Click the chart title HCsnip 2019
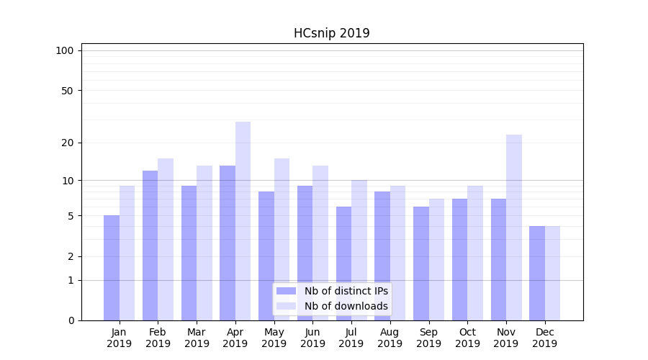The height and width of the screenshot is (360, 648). point(331,33)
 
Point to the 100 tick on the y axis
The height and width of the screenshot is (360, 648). point(65,50)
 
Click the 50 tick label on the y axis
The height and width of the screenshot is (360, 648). point(67,91)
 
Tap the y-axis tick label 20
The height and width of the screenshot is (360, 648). point(67,143)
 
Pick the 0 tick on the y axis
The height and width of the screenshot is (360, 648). point(70,320)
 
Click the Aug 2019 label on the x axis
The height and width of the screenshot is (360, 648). point(390,338)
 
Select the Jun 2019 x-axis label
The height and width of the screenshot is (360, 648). point(312,338)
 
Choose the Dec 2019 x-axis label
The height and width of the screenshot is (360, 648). point(544,338)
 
